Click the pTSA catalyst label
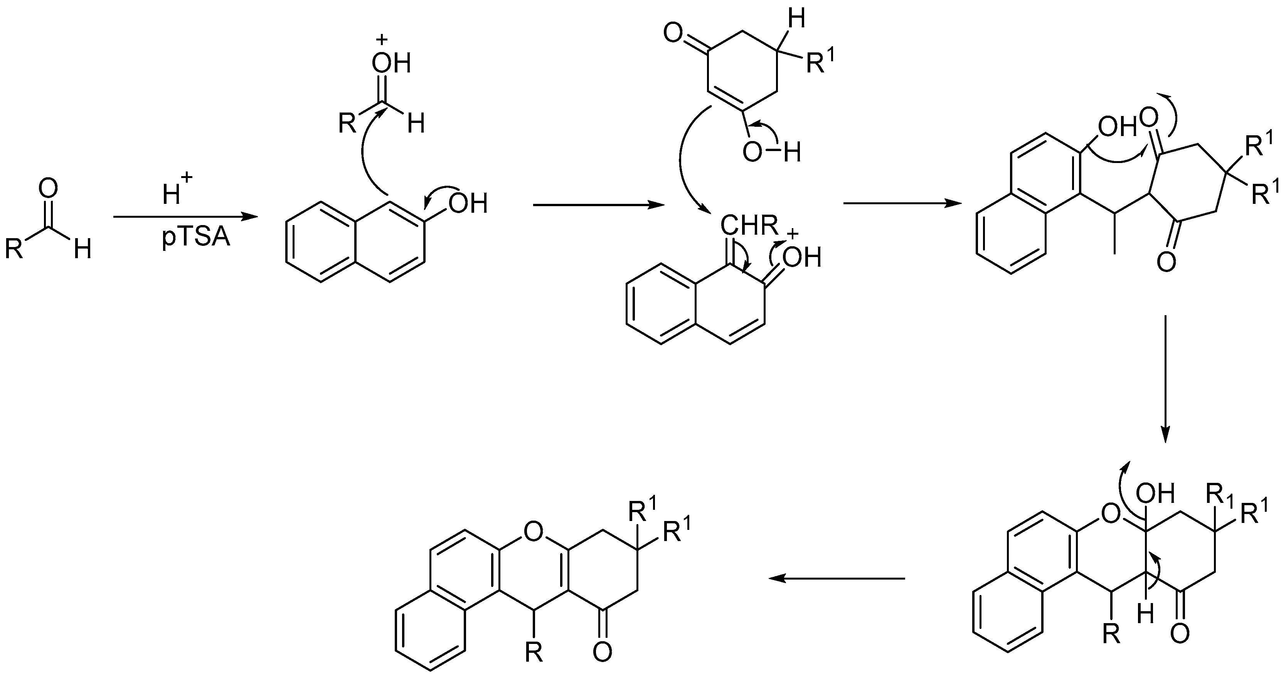tap(196, 237)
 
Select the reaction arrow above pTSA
tap(185, 217)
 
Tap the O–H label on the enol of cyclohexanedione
tap(771, 153)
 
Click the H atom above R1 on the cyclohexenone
tap(797, 20)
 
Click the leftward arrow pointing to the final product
tap(836, 578)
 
